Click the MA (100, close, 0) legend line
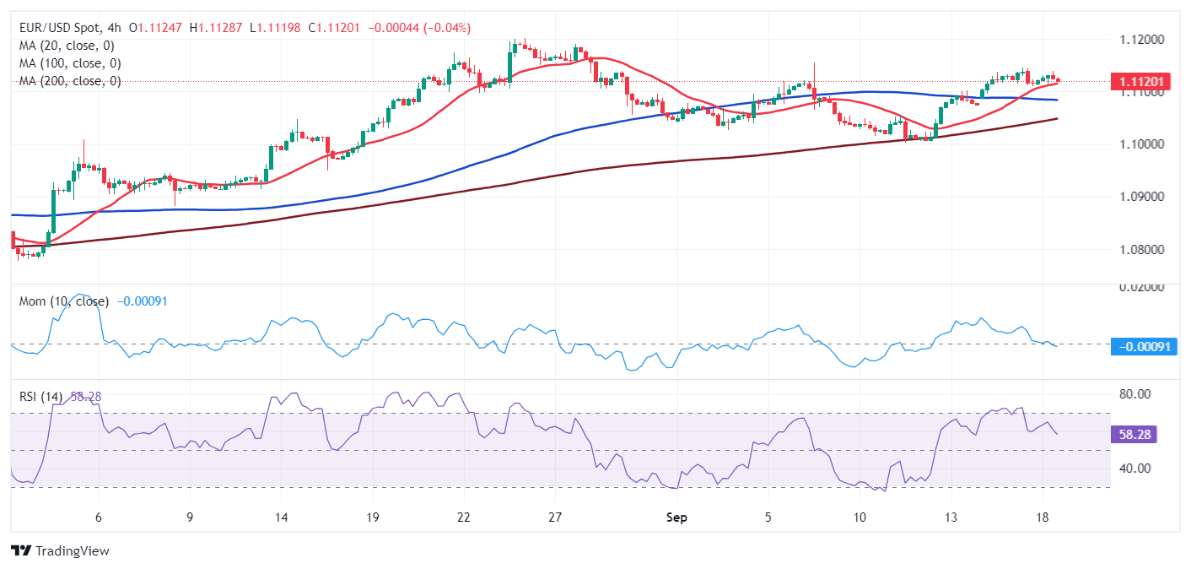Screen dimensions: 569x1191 (69, 63)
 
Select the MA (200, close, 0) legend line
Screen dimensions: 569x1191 (69, 81)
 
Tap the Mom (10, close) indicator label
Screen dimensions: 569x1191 (63, 301)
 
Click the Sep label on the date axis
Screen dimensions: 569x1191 (676, 518)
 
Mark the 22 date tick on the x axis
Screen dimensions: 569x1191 (463, 518)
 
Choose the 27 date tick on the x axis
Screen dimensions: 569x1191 (554, 518)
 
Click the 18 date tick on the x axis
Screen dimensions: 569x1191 (1043, 518)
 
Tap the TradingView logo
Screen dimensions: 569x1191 (61, 551)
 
